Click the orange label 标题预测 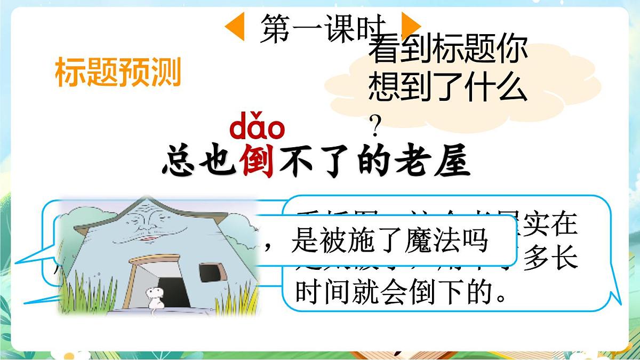[118, 73]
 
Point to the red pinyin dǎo [257, 128]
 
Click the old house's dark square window [209, 272]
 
